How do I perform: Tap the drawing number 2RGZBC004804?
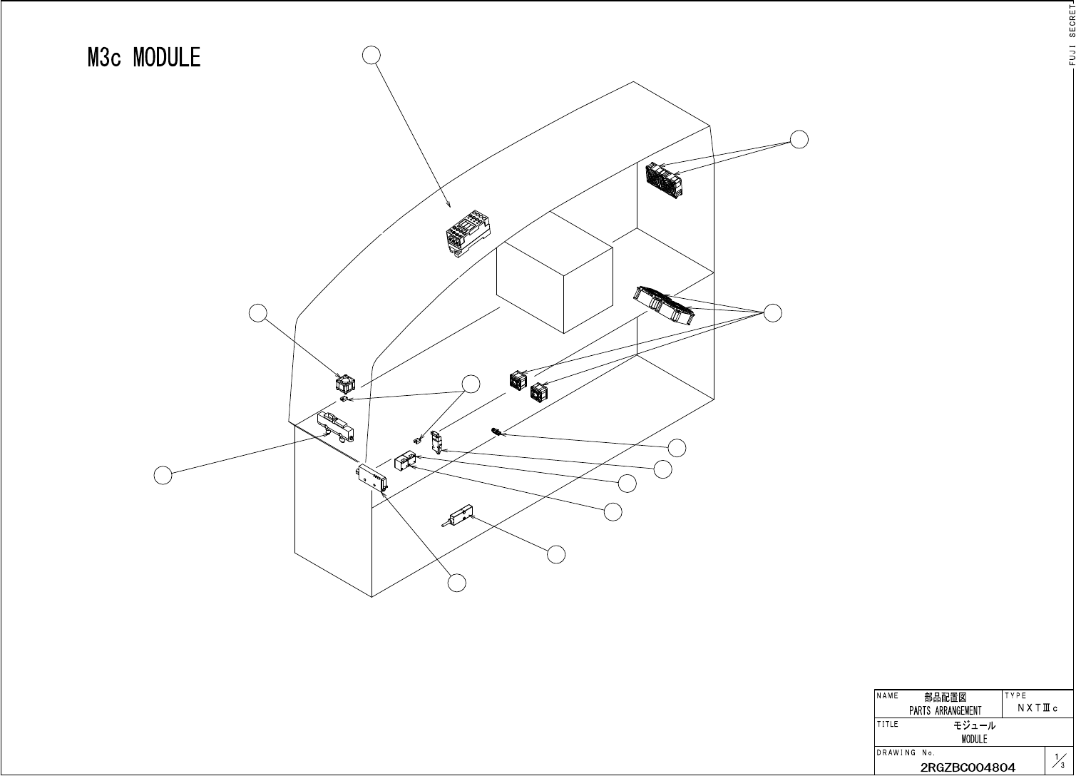968,767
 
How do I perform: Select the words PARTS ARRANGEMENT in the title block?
945,710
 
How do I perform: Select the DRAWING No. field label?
906,752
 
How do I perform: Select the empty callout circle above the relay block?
371,55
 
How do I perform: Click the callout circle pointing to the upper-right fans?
799,139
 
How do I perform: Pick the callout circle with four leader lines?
772,312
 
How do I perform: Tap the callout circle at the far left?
163,474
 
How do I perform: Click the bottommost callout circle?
457,583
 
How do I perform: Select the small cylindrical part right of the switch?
497,432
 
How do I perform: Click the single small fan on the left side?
346,384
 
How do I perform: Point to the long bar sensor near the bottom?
458,516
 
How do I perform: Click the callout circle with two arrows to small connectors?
471,384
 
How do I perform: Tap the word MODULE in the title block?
974,740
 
